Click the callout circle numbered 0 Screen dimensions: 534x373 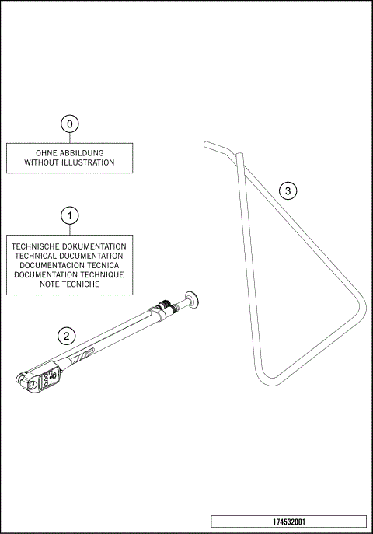70,124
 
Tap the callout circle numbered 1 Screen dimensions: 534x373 70,215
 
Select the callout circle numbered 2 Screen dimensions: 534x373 68,336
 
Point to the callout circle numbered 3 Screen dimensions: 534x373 288,190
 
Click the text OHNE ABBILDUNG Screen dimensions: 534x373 70,153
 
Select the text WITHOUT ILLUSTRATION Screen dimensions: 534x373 70,163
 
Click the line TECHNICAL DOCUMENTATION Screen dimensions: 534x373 70,255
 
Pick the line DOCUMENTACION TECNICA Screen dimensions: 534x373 70,265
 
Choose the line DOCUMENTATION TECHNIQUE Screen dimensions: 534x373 70,275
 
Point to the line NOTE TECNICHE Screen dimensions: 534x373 70,285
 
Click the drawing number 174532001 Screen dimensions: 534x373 288,522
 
